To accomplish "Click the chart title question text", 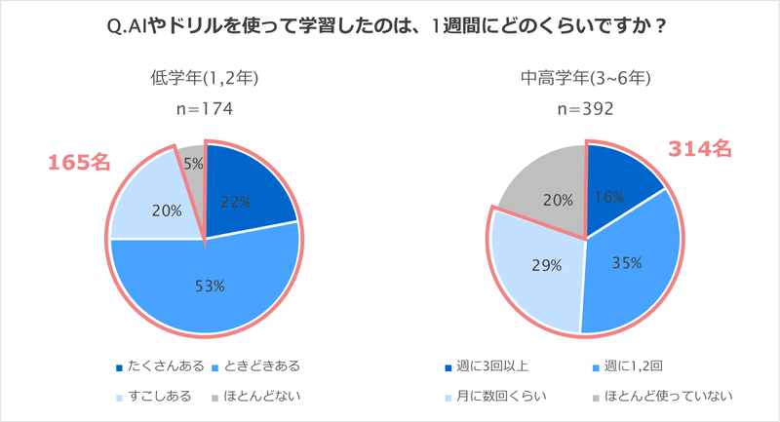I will [x=390, y=26].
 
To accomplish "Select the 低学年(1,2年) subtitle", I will [x=204, y=78].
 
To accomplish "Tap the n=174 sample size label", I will [x=204, y=109].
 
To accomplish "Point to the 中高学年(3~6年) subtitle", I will [x=585, y=78].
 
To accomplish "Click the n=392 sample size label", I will [x=585, y=109].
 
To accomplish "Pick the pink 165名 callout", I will [x=81, y=163].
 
